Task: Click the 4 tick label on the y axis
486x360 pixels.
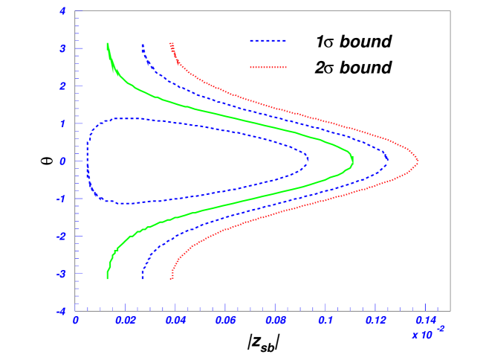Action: point(62,11)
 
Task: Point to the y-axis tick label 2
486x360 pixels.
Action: point(62,86)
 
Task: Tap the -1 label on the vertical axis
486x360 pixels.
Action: point(61,199)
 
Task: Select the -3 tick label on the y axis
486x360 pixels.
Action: point(61,274)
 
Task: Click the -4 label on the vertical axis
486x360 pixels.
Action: point(61,311)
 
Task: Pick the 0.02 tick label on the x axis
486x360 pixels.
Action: point(126,321)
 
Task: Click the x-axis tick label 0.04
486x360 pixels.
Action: point(175,321)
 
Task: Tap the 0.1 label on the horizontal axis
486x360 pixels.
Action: point(325,321)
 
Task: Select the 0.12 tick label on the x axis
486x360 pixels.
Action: point(375,321)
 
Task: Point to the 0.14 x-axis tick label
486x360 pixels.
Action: point(425,321)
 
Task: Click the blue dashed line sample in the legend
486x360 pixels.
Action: point(268,41)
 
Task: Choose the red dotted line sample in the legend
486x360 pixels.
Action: point(268,67)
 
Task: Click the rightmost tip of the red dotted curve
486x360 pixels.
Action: point(418,161)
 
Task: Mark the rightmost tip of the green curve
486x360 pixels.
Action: point(352,161)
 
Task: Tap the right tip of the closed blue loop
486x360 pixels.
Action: point(308,158)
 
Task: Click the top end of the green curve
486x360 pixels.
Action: point(108,44)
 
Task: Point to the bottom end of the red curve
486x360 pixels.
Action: point(172,278)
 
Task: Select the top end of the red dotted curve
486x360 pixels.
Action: point(171,44)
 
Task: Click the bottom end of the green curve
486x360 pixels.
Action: point(108,278)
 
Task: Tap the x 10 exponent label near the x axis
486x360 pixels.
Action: point(427,334)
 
